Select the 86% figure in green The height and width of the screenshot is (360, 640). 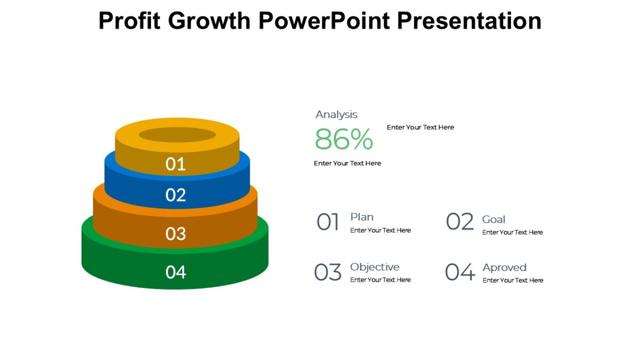[x=343, y=140]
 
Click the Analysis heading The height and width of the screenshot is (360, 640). [x=336, y=115]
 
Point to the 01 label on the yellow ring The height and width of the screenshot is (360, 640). [x=175, y=164]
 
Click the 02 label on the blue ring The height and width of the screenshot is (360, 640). [x=175, y=195]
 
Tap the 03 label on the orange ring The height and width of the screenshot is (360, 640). [x=175, y=234]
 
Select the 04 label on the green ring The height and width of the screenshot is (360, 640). [x=175, y=273]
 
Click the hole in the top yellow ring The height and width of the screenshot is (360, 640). [x=177, y=134]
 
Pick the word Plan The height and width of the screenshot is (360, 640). [x=362, y=217]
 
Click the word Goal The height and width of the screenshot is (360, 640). [x=493, y=219]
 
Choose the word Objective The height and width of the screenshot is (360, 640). [x=374, y=267]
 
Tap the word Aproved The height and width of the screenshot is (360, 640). [x=504, y=268]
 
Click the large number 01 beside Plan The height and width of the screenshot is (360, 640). [x=328, y=222]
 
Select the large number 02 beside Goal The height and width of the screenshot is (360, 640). [x=460, y=222]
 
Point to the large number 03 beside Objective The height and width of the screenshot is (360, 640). [x=327, y=273]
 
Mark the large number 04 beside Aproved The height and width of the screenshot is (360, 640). [x=460, y=273]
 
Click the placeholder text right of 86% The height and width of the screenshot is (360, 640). [x=420, y=127]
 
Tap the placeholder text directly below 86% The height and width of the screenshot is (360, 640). [x=347, y=163]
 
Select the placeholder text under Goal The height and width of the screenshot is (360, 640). [x=512, y=233]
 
